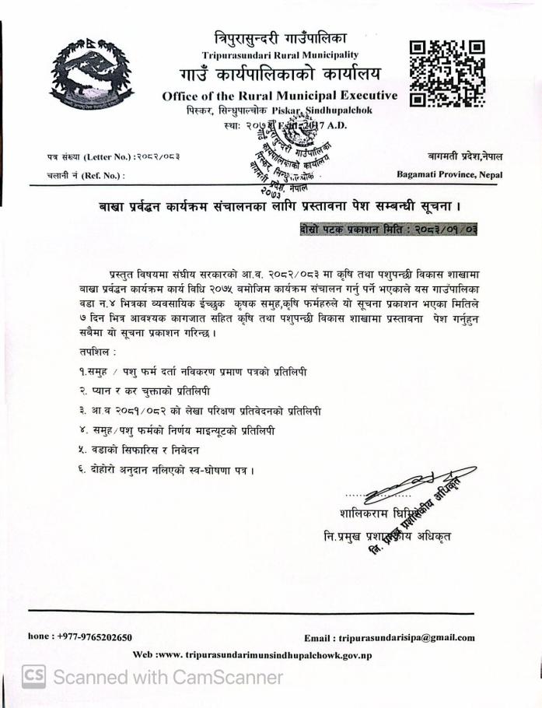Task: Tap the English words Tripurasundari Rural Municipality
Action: pyautogui.click(x=280, y=54)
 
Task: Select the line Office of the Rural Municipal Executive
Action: pyautogui.click(x=280, y=96)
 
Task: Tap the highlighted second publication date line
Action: pyautogui.click(x=387, y=230)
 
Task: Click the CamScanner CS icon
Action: pyautogui.click(x=33, y=677)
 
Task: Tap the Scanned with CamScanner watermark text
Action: pyautogui.click(x=167, y=677)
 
